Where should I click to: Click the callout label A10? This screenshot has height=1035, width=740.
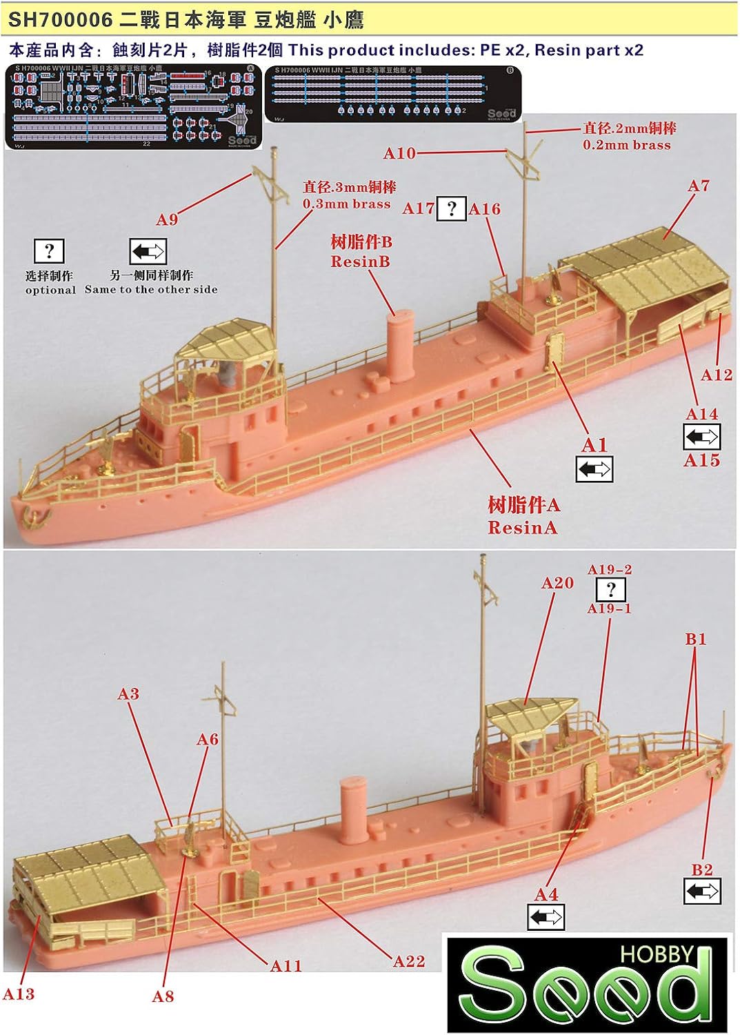399,153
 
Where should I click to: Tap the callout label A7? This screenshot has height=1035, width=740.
698,186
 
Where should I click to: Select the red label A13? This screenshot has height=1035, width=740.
19,994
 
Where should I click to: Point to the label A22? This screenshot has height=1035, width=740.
409,961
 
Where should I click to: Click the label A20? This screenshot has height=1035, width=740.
557,583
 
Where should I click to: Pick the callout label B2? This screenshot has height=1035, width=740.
702,869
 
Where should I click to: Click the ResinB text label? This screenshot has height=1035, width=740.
360,262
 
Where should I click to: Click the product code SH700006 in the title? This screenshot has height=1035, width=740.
60,21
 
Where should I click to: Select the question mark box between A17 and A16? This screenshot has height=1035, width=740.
451,208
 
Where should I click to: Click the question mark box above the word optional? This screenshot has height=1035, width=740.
49,251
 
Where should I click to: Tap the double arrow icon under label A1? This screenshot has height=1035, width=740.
594,470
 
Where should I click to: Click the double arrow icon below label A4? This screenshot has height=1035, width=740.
546,918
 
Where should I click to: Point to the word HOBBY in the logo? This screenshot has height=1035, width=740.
656,955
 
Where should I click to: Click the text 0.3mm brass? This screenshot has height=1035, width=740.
346,204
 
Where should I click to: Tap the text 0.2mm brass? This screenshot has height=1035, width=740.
626,145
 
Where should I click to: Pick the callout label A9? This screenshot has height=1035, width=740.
167,219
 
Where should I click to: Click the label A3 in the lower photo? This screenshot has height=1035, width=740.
128,693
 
